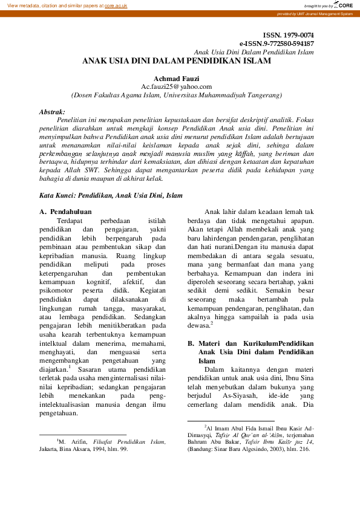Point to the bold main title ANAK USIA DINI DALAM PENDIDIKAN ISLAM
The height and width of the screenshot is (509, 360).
(x=177, y=62)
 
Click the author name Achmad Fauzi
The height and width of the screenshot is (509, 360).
(x=176, y=79)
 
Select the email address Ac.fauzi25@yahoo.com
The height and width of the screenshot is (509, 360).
(x=176, y=86)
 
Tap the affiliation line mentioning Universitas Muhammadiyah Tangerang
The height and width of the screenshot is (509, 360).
(x=176, y=95)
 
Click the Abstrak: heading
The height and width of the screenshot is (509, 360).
(x=52, y=112)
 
